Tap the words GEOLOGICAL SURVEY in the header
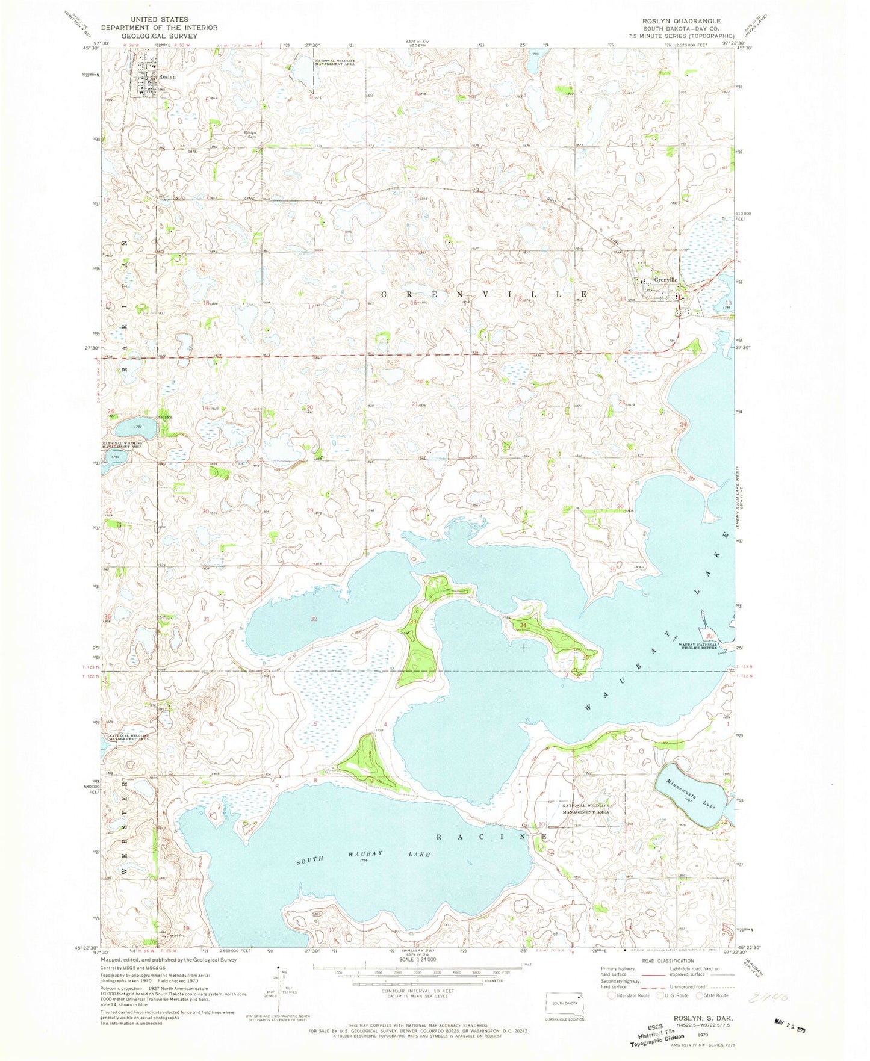pyautogui.click(x=159, y=36)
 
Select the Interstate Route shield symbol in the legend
pyautogui.click(x=612, y=995)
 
